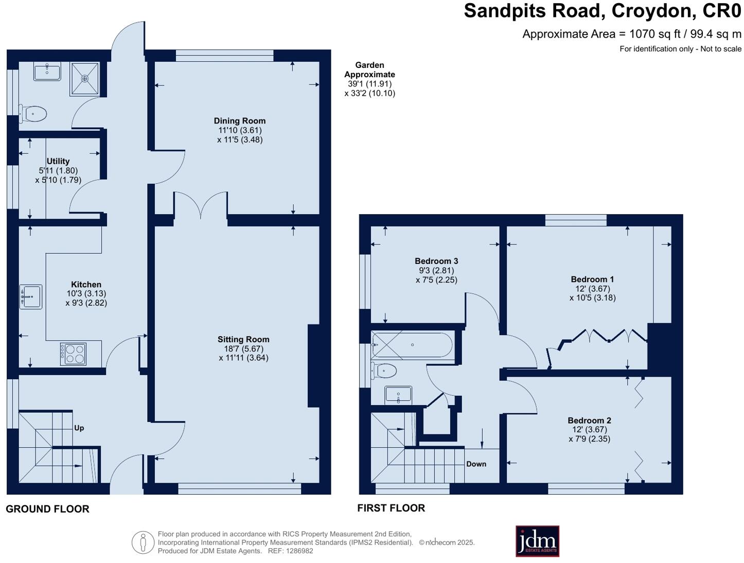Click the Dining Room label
239,120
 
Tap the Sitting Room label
243,339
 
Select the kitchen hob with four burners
73,354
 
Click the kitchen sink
31,296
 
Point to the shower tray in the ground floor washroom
85,79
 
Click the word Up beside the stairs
79,428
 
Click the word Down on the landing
476,464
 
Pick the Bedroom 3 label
436,261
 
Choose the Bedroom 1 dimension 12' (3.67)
593,289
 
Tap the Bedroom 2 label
589,420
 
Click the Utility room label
58,161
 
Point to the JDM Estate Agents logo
537,541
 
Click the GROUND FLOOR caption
47,509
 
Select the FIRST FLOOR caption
391,508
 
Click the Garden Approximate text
369,69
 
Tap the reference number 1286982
299,551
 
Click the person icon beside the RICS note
143,542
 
